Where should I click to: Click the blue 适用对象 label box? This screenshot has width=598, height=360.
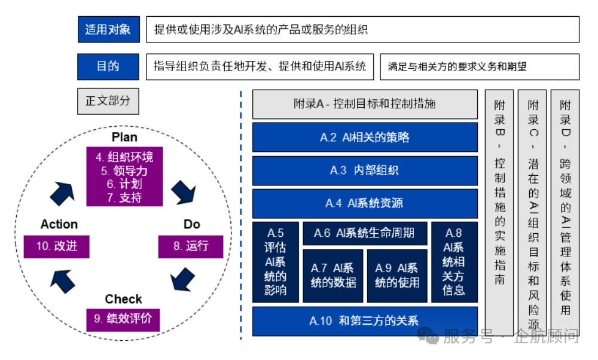click(x=108, y=29)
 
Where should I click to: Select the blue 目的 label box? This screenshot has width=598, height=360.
click(x=108, y=66)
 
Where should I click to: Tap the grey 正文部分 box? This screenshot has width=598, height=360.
click(x=108, y=101)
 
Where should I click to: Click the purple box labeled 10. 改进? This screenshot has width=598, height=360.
click(x=56, y=246)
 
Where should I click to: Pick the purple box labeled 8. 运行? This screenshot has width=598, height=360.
click(x=191, y=246)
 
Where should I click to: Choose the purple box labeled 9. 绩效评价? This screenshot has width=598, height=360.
click(x=123, y=319)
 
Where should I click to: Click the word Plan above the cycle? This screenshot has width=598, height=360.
click(x=124, y=138)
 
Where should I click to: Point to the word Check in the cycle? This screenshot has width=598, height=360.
click(x=123, y=299)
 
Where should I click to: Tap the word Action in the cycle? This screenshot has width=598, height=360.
click(x=59, y=224)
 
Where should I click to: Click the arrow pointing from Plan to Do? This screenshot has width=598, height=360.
click(x=183, y=193)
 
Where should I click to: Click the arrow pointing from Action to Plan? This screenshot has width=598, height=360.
click(x=62, y=193)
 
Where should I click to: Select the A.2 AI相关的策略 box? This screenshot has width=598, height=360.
click(x=365, y=138)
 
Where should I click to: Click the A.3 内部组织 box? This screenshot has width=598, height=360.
click(x=365, y=170)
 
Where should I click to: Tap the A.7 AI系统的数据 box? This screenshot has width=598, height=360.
click(x=332, y=276)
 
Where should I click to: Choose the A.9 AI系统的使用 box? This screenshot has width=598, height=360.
click(x=397, y=276)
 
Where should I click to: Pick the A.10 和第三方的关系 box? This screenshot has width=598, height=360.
click(x=365, y=321)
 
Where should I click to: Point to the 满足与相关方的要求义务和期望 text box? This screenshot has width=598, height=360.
click(x=480, y=66)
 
